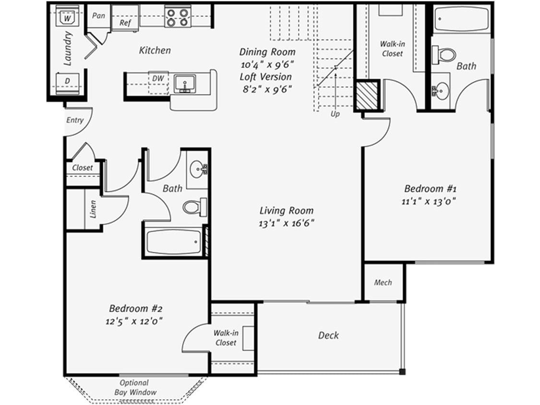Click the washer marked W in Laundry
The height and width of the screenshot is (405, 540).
[67, 18]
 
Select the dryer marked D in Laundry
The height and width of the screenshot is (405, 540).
[67, 83]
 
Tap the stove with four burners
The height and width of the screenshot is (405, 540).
[177, 17]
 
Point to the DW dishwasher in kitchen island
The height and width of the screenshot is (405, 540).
[157, 78]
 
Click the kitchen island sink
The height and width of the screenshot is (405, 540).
[184, 83]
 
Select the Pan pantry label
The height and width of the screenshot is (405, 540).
[98, 15]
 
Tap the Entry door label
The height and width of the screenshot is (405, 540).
[74, 120]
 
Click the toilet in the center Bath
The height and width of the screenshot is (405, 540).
[194, 207]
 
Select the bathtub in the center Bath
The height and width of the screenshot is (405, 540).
[173, 242]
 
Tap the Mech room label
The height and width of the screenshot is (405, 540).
[383, 283]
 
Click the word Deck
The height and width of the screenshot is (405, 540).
[328, 335]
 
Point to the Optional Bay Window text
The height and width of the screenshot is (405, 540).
[135, 388]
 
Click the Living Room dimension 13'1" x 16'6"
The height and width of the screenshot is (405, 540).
[286, 223]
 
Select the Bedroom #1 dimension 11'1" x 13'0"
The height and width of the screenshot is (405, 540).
[429, 202]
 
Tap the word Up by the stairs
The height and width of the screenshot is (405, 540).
[335, 114]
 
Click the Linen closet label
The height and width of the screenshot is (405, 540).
[93, 209]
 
